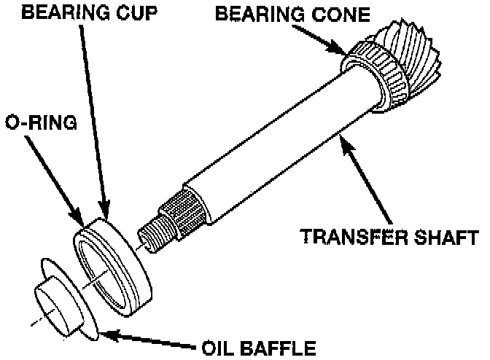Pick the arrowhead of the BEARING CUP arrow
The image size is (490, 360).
[x=105, y=212]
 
